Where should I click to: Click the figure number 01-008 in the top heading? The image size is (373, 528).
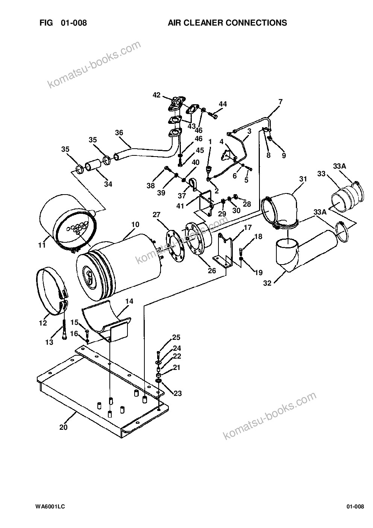[74, 23]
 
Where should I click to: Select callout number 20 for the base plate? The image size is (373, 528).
[63, 427]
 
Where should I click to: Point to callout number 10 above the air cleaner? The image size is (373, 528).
[135, 224]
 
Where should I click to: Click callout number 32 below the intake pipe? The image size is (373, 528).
[267, 283]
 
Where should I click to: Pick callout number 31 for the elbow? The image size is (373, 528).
[303, 179]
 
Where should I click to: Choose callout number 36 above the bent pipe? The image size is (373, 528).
[119, 132]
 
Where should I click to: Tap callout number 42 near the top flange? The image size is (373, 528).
[156, 95]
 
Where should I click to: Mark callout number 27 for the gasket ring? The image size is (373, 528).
[156, 215]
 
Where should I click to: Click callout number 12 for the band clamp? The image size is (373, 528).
[43, 323]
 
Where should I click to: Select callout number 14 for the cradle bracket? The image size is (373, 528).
[129, 301]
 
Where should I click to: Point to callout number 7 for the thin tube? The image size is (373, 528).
[280, 102]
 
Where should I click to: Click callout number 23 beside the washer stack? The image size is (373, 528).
[178, 393]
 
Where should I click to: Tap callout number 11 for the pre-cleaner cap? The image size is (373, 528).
[42, 245]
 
